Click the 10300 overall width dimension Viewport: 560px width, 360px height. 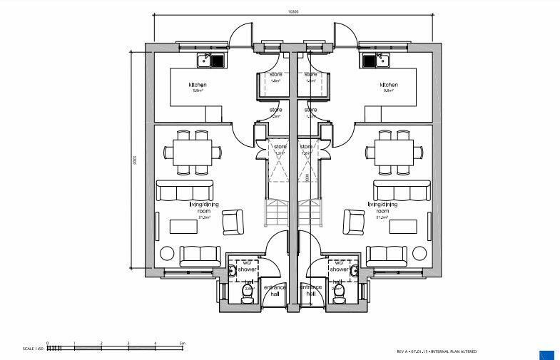[x=292, y=11]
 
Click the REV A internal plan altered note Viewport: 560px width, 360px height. [x=437, y=351]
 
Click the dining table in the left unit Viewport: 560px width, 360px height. [x=190, y=151]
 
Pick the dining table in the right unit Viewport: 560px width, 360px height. [x=391, y=151]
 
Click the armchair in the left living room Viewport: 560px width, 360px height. [x=233, y=223]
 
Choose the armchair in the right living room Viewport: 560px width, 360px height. [x=353, y=223]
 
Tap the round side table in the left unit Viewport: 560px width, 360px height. [x=167, y=253]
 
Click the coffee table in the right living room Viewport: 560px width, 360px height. [x=402, y=227]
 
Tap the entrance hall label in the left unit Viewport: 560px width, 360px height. [x=275, y=290]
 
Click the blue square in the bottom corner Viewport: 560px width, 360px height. [x=547, y=354]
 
